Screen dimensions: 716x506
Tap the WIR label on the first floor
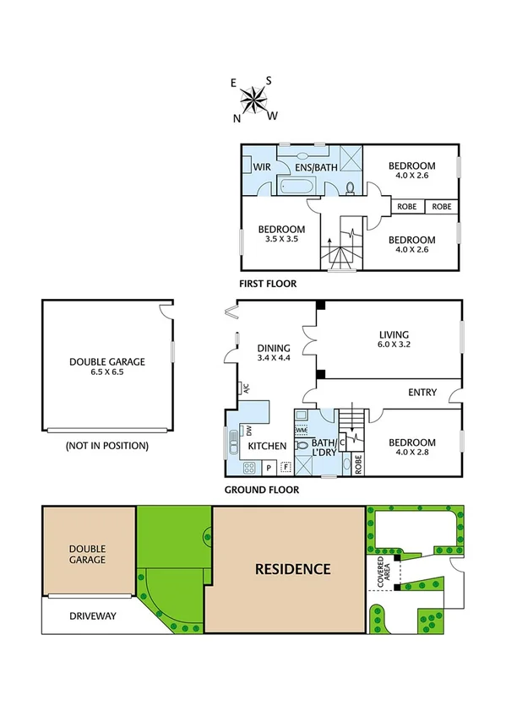coord(262,165)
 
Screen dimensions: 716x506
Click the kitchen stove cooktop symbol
coord(250,467)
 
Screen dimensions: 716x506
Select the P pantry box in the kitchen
coord(269,467)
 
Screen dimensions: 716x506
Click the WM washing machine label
coord(301,430)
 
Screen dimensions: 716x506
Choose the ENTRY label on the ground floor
coord(422,392)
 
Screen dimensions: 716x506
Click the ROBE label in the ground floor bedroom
coord(358,461)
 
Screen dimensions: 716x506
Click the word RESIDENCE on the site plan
coord(292,568)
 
